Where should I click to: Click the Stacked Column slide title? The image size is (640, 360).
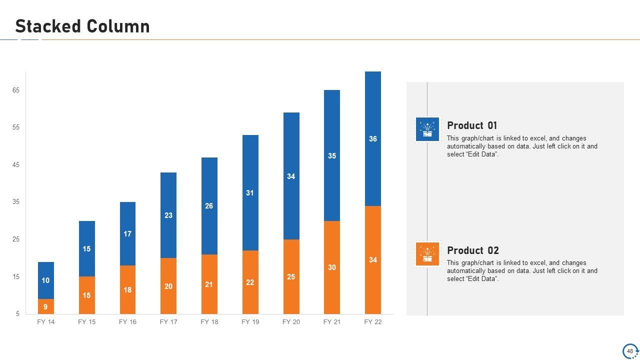click(x=82, y=26)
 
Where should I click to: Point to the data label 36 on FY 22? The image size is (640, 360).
click(x=373, y=139)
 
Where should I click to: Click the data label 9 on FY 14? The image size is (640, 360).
click(x=45, y=307)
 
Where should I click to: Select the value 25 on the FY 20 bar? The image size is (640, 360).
click(x=291, y=277)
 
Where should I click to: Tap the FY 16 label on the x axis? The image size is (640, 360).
click(x=127, y=322)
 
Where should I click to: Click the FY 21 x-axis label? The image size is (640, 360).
click(x=332, y=322)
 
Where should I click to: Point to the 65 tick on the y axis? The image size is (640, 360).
click(x=16, y=90)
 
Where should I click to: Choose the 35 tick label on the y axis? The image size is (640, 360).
click(x=16, y=202)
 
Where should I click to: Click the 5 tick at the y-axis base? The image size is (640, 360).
click(x=17, y=314)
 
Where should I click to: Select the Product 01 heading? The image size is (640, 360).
click(x=472, y=125)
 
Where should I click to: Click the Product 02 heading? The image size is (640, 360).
click(x=472, y=250)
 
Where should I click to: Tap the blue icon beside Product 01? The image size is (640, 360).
click(x=427, y=129)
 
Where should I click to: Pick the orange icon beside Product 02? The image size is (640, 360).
click(x=427, y=254)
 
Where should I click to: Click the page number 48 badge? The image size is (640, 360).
click(x=630, y=351)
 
